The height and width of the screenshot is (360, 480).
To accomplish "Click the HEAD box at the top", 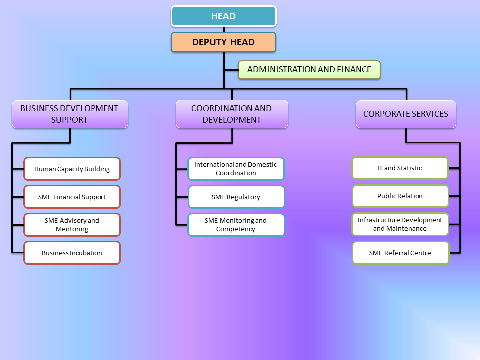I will point(223,16).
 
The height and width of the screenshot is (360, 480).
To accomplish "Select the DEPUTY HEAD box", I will point(223,42).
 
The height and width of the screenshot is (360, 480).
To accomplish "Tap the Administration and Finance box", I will point(309,70).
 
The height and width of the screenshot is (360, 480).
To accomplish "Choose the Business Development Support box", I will point(70,114).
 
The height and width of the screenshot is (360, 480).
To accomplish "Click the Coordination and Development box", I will point(232,114).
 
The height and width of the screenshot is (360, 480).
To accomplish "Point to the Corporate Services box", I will point(406,114).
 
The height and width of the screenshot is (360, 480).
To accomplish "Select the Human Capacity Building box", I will point(72,169).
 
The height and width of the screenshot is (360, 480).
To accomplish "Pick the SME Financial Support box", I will point(72,197).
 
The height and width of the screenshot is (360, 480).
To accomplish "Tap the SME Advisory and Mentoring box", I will point(72,225).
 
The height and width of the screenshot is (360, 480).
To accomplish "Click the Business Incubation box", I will point(72,253).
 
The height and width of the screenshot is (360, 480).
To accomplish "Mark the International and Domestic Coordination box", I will point(236,169).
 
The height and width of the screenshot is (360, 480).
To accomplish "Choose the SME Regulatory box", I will point(236,197).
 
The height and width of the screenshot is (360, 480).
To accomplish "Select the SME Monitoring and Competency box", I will point(236,225).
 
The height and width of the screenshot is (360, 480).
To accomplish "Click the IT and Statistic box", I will point(400,168).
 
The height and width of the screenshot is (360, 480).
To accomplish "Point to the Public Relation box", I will point(400,196).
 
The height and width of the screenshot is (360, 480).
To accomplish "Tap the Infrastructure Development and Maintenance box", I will point(400,224).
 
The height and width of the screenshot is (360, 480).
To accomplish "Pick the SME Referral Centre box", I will point(400,253).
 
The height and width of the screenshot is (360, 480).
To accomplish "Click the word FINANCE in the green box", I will point(354,70).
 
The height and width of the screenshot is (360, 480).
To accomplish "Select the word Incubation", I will point(86,253).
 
